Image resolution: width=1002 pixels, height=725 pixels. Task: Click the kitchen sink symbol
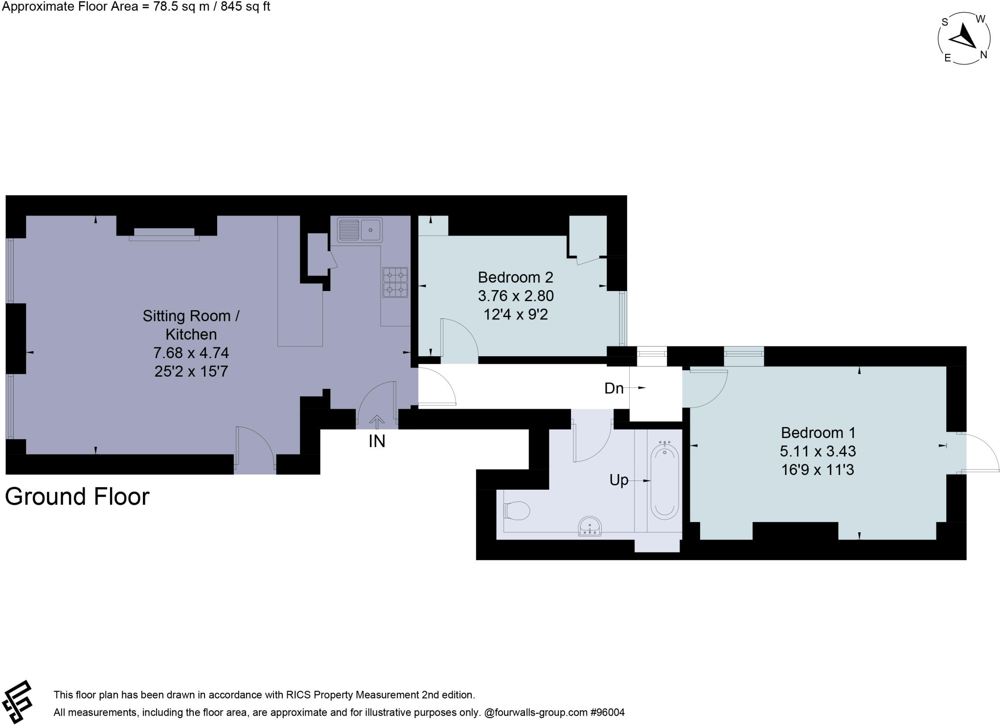(360, 229)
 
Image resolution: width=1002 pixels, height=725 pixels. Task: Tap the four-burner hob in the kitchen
(395, 282)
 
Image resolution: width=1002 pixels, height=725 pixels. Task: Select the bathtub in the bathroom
(664, 480)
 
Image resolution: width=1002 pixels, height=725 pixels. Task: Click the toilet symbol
(517, 511)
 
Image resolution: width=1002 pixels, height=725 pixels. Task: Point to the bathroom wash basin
(590, 526)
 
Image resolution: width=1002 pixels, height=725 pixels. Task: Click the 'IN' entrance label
(377, 441)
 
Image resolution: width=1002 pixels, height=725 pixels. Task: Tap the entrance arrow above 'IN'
(377, 420)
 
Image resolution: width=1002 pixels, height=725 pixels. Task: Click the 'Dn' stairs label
(614, 388)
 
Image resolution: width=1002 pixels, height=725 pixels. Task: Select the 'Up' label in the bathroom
(619, 480)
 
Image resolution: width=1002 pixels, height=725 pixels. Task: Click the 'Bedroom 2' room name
(515, 277)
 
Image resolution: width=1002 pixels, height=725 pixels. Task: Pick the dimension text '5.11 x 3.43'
(818, 451)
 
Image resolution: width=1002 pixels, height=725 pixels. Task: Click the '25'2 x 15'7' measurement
(191, 371)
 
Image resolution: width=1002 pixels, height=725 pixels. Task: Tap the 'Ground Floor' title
(77, 497)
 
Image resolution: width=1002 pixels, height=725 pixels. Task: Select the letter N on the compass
(983, 55)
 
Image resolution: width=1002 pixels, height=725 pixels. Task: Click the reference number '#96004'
(608, 712)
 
